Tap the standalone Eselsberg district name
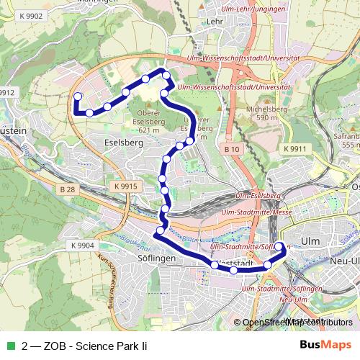(124, 143)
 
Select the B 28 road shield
(68, 189)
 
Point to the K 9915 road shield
(125, 186)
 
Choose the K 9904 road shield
(83, 246)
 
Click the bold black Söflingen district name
(137, 257)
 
